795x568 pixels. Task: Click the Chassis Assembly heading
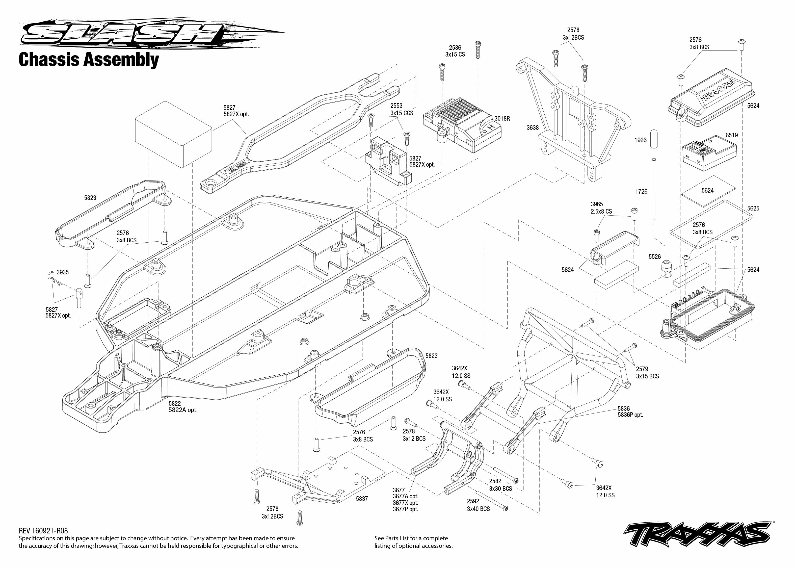coord(89,60)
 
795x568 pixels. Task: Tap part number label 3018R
coord(502,119)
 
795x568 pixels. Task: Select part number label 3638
coord(533,128)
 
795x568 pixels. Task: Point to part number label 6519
coord(731,135)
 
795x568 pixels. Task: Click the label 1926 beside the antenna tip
coord(641,140)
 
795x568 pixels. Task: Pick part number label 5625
coord(753,209)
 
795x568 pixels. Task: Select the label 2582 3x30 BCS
coord(500,485)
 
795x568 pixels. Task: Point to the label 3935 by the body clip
coord(63,272)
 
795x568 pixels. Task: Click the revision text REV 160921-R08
coord(43,531)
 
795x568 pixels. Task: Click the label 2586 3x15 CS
coord(455,51)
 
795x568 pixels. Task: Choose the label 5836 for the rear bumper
coord(624,408)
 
